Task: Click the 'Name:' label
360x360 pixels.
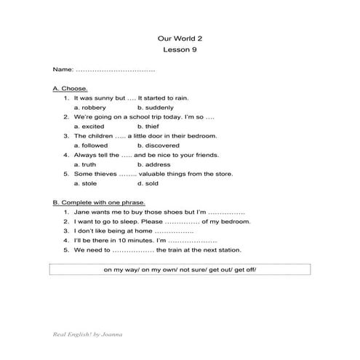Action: point(63,69)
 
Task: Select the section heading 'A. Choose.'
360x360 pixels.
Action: point(70,88)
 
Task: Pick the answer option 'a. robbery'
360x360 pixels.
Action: point(89,107)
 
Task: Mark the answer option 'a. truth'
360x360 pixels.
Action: point(85,164)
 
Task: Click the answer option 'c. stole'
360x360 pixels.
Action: point(85,183)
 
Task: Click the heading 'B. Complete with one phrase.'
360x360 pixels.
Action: point(99,202)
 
